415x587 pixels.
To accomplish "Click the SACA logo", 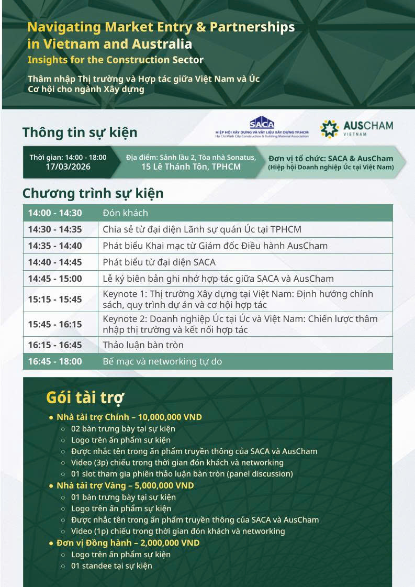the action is [x=262, y=127].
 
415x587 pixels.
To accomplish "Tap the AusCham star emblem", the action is [x=329, y=129].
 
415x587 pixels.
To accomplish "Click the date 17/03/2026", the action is [x=68, y=167].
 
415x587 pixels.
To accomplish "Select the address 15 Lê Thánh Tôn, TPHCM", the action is [x=191, y=167].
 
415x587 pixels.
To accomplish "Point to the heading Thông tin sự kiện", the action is [x=80, y=132].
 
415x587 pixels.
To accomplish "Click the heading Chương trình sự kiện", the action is [x=93, y=194].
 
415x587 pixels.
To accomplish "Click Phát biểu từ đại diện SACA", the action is [x=159, y=262].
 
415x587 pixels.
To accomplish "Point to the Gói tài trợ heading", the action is [x=85, y=397].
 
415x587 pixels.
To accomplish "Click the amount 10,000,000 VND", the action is [x=170, y=417].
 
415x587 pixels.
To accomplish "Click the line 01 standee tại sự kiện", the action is [x=111, y=566].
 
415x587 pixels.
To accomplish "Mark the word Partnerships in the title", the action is [x=252, y=27].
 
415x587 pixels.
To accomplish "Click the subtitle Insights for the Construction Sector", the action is [x=116, y=60].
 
